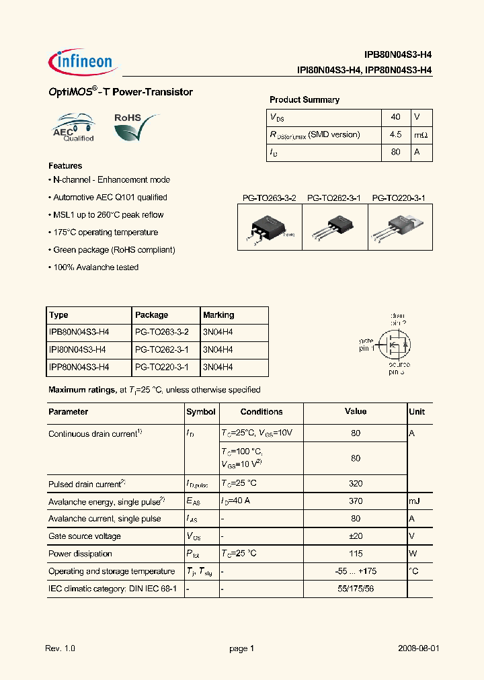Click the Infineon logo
(83, 61)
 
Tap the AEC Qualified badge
(74, 128)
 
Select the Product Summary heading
(304, 100)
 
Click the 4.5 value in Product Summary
(395, 135)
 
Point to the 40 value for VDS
(395, 117)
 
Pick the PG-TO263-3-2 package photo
(270, 228)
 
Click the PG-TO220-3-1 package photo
(400, 227)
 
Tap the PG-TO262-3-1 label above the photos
(334, 198)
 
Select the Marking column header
(218, 315)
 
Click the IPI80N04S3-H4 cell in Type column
(79, 350)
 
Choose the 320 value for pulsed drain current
(356, 484)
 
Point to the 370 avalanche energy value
(356, 501)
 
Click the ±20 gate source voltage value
(356, 536)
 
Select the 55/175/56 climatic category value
(356, 589)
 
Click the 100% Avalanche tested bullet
(93, 267)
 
